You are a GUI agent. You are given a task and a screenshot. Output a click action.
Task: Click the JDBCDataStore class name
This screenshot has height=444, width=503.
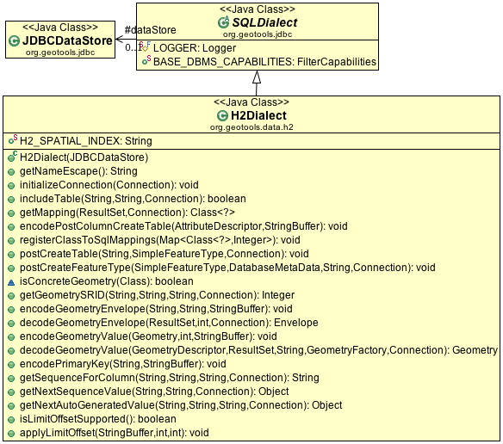67,40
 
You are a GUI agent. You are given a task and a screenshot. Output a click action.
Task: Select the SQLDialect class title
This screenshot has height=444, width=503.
264,22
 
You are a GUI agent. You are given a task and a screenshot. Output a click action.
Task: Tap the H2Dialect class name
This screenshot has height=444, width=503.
258,115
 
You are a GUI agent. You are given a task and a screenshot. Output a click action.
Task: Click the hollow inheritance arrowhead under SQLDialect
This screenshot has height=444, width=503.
257,77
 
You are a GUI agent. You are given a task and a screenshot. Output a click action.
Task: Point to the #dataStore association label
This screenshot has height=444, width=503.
150,30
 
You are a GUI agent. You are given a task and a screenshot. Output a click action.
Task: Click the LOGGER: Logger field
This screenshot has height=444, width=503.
195,48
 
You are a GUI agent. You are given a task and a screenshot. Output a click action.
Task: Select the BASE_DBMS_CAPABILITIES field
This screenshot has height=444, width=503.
264,62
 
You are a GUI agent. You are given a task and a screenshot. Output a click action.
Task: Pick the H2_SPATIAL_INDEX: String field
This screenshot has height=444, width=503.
86,141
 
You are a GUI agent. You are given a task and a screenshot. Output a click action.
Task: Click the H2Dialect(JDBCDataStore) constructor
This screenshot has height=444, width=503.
84,157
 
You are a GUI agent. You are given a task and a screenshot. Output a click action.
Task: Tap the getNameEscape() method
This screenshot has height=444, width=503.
78,171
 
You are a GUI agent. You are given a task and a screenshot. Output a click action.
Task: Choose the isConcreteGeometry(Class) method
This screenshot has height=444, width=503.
107,281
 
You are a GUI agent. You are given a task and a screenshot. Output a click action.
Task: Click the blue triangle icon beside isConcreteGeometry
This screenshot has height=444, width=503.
11,282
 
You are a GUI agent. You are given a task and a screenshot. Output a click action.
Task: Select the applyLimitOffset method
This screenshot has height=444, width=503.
115,433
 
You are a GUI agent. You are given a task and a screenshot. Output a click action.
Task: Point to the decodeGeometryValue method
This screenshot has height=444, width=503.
258,350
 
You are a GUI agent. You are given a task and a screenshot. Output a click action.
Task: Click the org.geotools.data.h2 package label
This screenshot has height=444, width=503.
251,127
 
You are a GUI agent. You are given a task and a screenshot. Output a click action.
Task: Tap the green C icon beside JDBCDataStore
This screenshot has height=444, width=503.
14,41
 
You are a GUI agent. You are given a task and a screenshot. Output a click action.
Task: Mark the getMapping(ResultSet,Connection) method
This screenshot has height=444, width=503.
127,213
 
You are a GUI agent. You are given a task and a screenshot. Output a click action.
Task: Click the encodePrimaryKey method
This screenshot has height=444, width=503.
123,364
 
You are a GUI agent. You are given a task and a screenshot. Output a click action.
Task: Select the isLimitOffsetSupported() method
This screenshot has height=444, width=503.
98,419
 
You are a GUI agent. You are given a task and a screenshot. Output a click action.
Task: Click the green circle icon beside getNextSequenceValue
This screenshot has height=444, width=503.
11,392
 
